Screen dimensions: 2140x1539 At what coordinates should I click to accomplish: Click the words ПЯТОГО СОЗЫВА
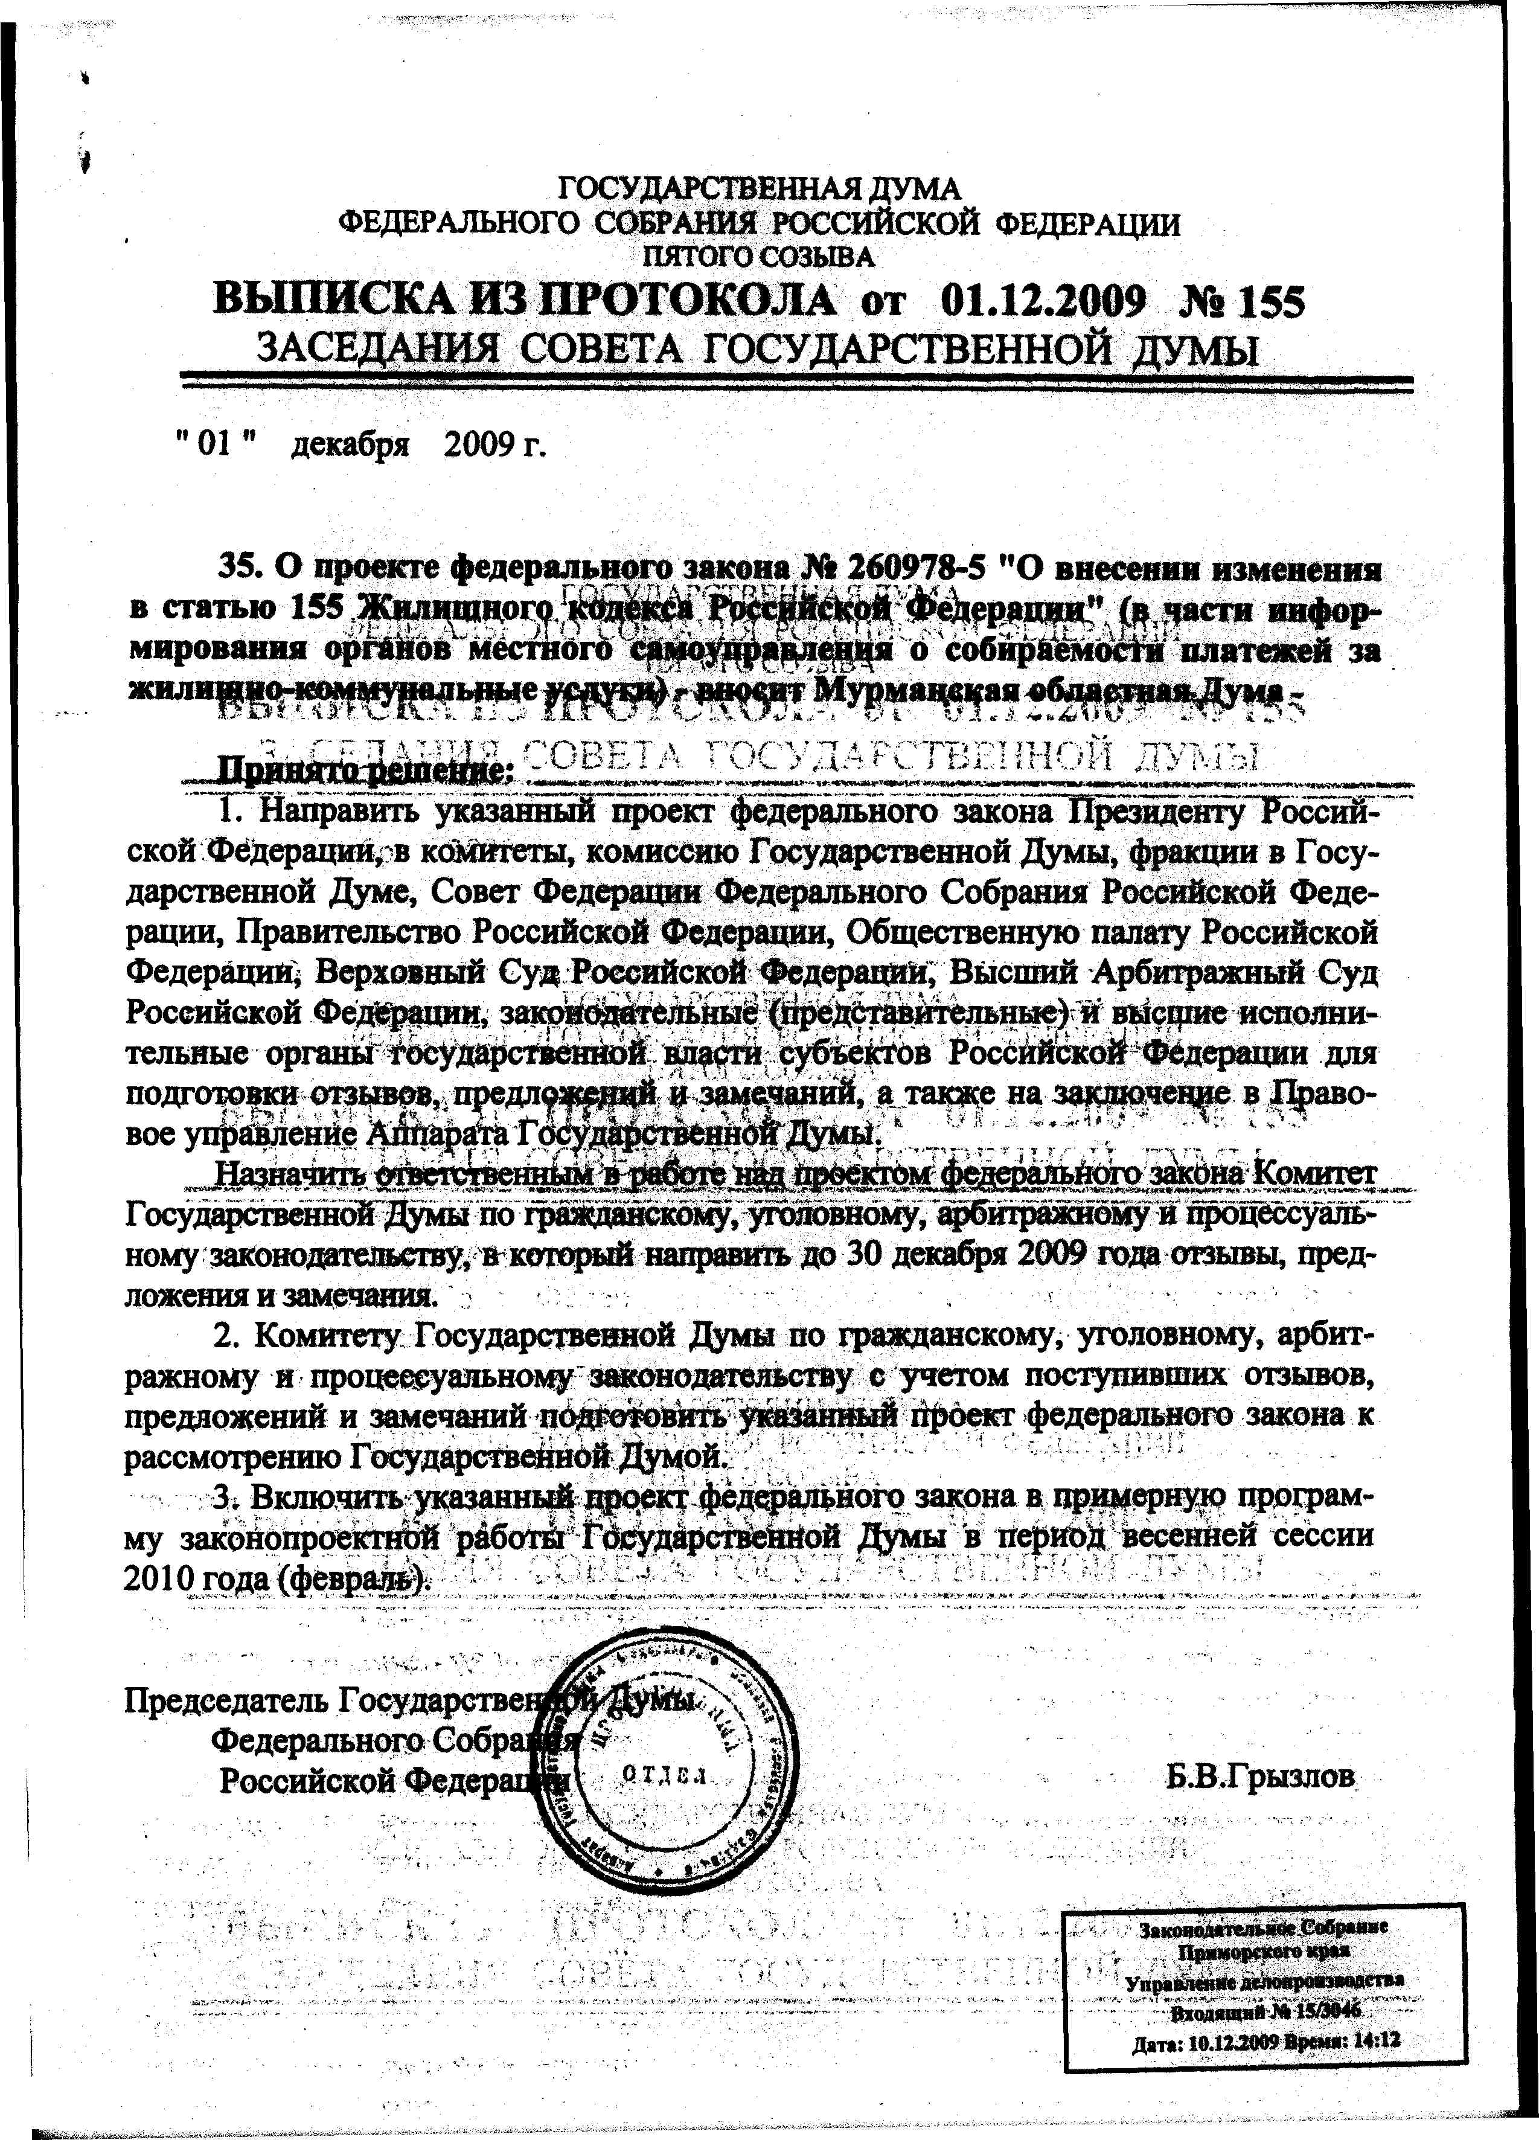pos(759,255)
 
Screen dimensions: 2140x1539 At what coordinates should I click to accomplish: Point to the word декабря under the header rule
pos(349,443)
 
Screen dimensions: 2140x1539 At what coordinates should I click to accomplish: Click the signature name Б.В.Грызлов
pos(1259,1778)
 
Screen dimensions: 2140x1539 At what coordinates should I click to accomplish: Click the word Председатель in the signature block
pos(226,1699)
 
